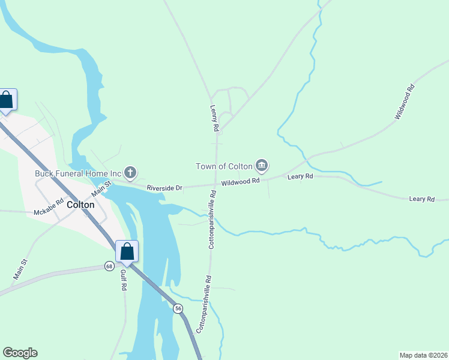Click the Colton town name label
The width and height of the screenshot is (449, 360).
coord(80,204)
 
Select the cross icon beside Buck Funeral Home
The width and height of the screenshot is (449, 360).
coord(130,174)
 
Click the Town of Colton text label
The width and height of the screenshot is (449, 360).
coord(224,166)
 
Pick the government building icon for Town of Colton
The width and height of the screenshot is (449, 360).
coord(261,165)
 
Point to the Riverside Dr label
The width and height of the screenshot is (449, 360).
coord(164,188)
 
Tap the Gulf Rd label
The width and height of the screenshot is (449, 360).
coord(123,280)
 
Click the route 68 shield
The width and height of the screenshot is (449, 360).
coord(109,266)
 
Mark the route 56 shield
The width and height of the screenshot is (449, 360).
coord(178,308)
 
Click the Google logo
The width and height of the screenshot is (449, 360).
coord(20,353)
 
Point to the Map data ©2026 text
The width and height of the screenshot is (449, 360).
coord(423,355)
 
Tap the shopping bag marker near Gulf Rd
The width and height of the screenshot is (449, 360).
coord(127,251)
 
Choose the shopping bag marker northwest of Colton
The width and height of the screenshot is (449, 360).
coord(6,100)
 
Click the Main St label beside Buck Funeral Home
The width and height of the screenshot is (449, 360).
coord(101,188)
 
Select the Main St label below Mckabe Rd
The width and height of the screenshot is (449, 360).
coord(20,269)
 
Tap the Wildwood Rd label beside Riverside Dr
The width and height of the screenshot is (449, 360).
coord(240,181)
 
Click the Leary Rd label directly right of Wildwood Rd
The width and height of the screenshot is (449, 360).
coord(300,176)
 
